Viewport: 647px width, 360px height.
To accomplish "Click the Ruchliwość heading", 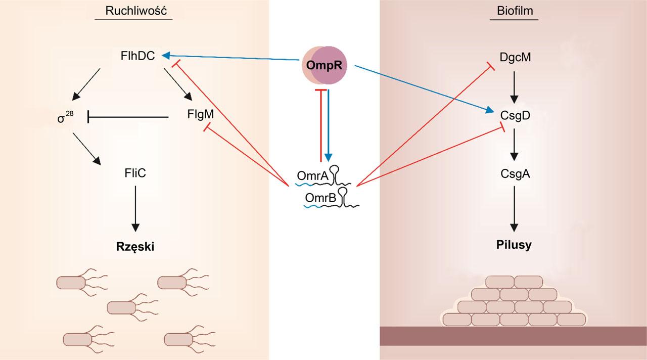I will [134, 11].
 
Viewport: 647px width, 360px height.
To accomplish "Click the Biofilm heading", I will [514, 11].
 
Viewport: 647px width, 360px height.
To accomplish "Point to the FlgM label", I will [200, 115].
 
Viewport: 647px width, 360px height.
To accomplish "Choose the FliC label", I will [135, 173].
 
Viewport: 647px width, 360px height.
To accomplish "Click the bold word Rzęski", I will [135, 246].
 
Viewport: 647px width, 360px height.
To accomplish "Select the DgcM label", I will [514, 57].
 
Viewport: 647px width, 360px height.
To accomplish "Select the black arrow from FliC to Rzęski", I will [135, 208].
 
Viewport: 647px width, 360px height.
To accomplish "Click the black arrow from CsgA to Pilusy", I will [514, 208].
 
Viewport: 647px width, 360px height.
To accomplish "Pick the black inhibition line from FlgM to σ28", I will [128, 117].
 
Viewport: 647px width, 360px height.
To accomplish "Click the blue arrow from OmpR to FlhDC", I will [233, 58].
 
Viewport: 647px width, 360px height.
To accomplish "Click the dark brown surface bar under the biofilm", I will [513, 336].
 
